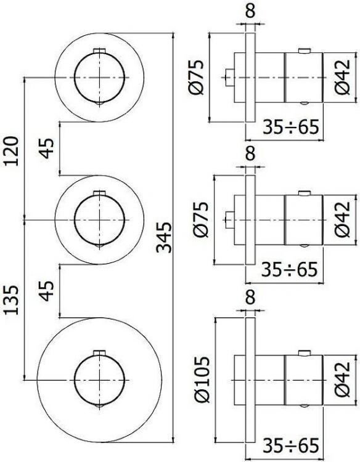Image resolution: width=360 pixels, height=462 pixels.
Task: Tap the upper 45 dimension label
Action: click(48, 148)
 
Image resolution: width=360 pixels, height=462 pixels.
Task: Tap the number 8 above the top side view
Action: click(249, 10)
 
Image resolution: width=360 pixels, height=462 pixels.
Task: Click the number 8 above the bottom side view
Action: click(249, 298)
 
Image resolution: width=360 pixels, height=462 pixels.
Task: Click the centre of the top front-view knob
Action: click(99, 77)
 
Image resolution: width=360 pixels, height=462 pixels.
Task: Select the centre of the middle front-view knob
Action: click(99, 219)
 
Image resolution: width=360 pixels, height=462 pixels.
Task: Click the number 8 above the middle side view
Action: click(249, 153)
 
